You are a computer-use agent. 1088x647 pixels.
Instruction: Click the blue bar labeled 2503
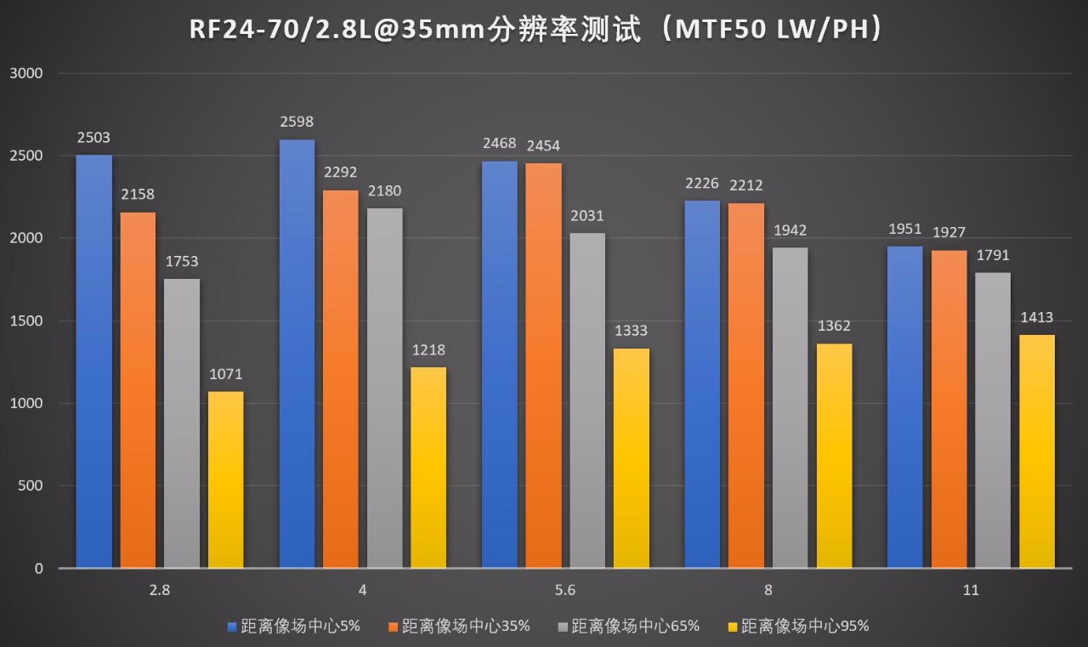tap(93, 361)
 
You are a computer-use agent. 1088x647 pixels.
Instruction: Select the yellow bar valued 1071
tap(226, 480)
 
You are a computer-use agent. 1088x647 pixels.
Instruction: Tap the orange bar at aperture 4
tap(341, 378)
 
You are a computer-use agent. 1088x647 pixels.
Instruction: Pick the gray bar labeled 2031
tap(588, 400)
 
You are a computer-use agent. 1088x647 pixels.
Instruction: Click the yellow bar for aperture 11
tap(1037, 451)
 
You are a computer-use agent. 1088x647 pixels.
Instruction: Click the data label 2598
tap(297, 122)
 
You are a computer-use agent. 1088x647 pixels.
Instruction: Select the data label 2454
tap(543, 146)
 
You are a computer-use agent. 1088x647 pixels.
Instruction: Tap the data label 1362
tap(834, 326)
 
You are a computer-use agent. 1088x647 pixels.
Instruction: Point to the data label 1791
tap(993, 255)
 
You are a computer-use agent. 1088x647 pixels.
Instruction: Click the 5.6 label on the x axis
tap(565, 590)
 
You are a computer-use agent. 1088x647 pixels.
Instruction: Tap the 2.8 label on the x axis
tap(159, 590)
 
